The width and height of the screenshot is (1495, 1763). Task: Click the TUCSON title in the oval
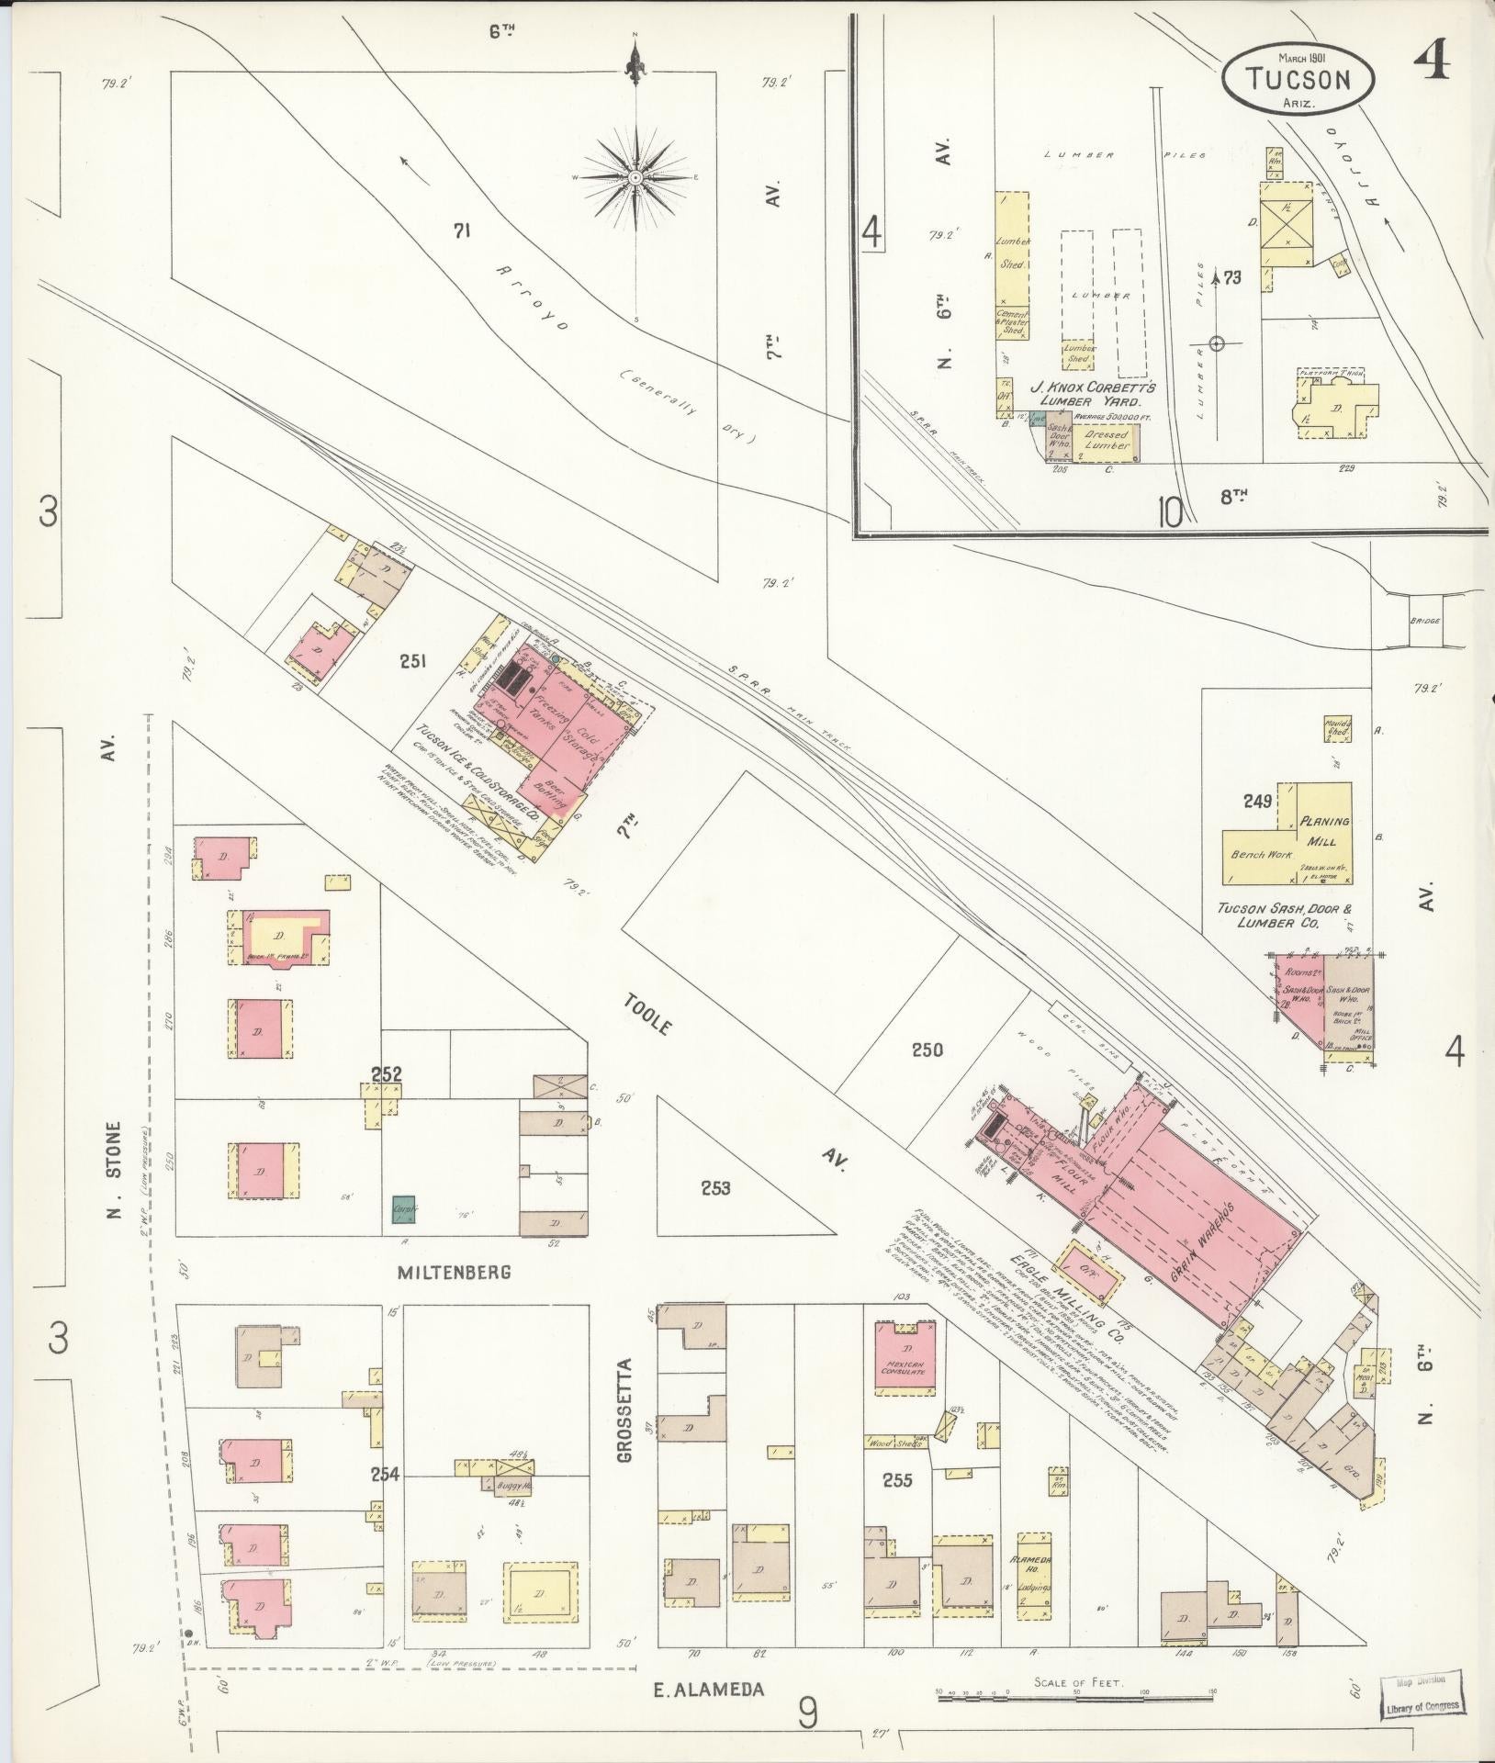coord(1298,79)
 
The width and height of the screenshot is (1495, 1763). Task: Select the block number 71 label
coord(461,232)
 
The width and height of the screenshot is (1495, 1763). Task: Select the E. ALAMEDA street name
coord(710,1687)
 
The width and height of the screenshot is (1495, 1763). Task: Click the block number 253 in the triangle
coord(715,1188)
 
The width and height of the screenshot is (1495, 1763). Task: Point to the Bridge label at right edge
coord(1426,621)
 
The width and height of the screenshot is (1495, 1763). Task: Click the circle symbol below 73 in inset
coord(1217,344)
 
